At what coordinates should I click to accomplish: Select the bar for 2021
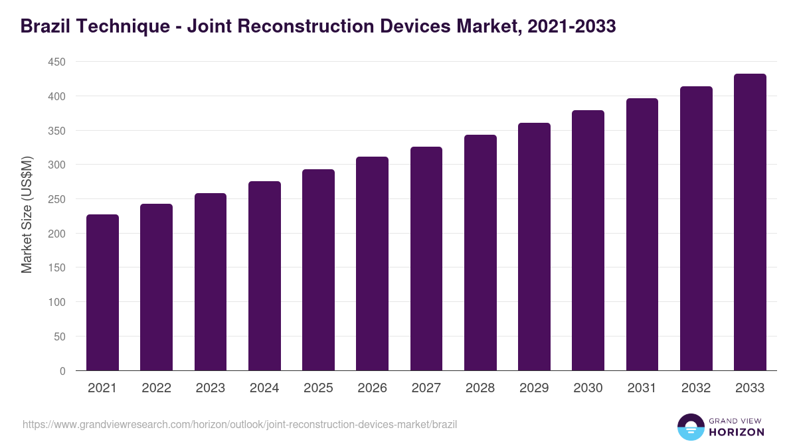pos(102,293)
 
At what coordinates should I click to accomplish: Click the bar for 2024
pos(264,276)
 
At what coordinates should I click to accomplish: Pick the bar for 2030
pos(588,240)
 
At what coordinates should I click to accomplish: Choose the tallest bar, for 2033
pos(750,222)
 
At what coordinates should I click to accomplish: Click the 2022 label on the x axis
pos(156,388)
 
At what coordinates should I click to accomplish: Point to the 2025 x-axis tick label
pos(318,388)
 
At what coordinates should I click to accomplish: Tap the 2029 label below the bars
pos(534,388)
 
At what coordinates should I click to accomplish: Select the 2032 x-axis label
pos(696,388)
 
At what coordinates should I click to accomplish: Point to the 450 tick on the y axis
pos(56,62)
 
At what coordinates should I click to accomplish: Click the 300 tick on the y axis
pos(56,165)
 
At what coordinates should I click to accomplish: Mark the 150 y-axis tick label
pos(56,267)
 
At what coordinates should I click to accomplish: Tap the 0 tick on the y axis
pos(62,371)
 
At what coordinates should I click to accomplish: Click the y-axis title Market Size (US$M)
pos(27,216)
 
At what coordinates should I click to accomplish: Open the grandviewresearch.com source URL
pos(240,424)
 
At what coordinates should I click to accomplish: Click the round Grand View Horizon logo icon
pos(690,427)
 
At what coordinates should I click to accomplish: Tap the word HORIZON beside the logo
pos(737,432)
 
